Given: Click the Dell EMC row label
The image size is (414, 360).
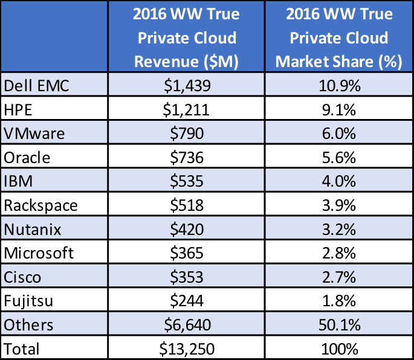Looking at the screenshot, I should pyautogui.click(x=37, y=86).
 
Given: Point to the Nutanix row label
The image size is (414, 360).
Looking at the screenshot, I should pyautogui.click(x=33, y=229).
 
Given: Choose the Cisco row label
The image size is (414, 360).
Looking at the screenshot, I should pyautogui.click(x=23, y=277).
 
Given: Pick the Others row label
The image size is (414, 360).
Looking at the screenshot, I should pyautogui.click(x=28, y=324).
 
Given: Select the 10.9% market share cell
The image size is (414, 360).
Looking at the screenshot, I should pyautogui.click(x=338, y=86).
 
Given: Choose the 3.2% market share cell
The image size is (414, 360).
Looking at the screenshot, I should pyautogui.click(x=338, y=229).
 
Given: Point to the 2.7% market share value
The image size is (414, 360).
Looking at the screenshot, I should pyautogui.click(x=338, y=277).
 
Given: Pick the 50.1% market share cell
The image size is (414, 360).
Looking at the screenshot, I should pyautogui.click(x=338, y=324).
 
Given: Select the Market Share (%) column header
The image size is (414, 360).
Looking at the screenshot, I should pyautogui.click(x=338, y=37).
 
